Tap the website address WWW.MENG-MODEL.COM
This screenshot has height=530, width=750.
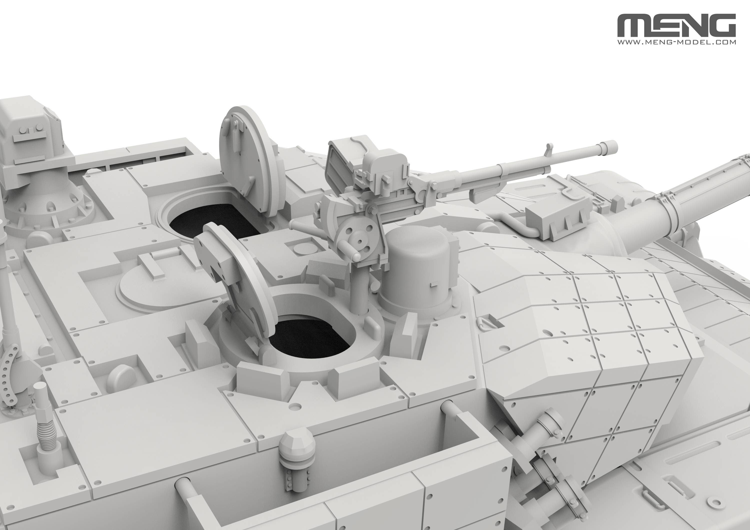pyautogui.click(x=676, y=42)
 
